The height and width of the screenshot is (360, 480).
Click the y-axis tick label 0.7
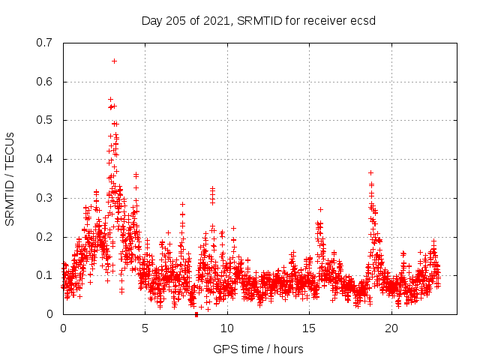pos(45,43)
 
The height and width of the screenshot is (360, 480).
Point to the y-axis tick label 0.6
pos(45,82)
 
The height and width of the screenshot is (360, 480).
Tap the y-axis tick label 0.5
pos(45,120)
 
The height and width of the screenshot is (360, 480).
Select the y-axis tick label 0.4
pos(45,159)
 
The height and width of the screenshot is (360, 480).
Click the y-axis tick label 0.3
pos(45,198)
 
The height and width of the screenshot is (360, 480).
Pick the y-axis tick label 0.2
pos(45,237)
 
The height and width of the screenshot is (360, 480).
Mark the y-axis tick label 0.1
pos(45,275)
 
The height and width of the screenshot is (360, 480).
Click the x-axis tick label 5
pos(145,328)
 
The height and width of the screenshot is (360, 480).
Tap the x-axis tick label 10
pos(226,328)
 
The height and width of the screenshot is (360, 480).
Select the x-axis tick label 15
pos(309,328)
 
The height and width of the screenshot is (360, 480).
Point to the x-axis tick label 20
pos(391,328)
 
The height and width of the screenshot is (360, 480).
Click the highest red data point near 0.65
pos(114,61)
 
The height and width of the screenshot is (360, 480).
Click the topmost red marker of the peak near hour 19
pos(370,172)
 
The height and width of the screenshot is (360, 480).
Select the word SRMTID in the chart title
pos(259,20)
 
